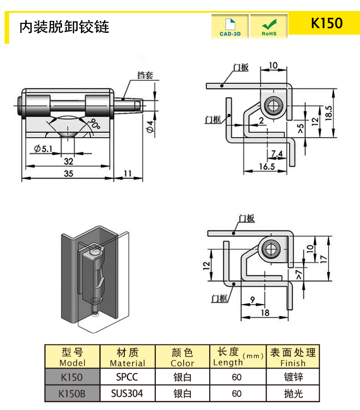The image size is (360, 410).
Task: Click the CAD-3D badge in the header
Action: tap(230, 26)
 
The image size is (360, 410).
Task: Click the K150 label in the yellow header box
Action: tap(326, 23)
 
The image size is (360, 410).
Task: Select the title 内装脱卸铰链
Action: tap(64, 27)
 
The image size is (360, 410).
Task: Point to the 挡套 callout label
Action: tap(145, 75)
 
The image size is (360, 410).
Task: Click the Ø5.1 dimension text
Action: tap(44, 148)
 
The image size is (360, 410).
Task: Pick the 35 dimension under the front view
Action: tap(68, 173)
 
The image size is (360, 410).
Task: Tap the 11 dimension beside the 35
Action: tap(127, 173)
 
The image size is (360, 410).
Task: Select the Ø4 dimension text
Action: tap(150, 126)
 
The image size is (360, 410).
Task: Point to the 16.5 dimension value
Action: tap(267, 166)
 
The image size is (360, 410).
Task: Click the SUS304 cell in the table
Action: tap(127, 393)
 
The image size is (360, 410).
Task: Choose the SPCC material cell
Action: tap(127, 377)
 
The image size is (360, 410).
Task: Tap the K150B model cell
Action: tap(72, 393)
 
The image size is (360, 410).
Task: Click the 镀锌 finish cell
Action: tap(293, 377)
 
